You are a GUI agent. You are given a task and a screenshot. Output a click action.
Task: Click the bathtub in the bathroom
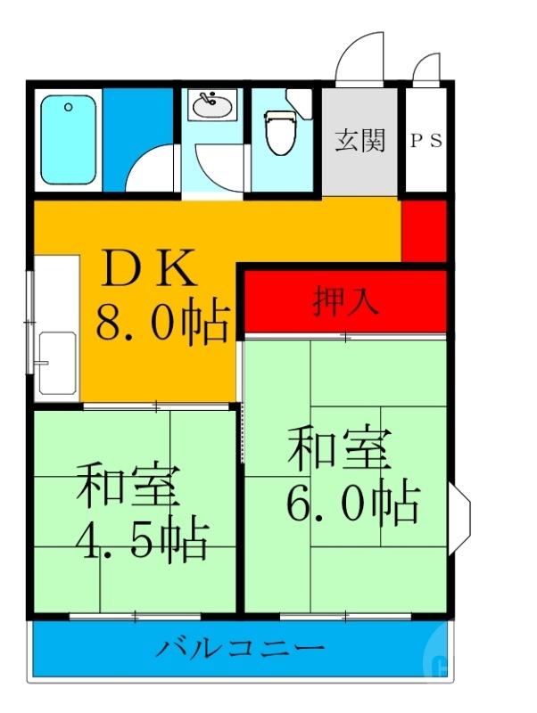point(69,140)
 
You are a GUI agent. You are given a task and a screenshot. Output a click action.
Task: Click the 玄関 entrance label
point(359,141)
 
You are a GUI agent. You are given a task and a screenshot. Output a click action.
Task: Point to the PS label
point(426,141)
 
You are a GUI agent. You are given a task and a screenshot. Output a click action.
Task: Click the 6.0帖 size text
point(352,504)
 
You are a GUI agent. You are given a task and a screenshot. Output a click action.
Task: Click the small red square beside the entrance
point(424,230)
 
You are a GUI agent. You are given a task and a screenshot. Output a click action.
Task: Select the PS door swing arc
point(428,67)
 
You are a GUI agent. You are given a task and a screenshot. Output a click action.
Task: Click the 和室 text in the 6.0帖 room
point(339,450)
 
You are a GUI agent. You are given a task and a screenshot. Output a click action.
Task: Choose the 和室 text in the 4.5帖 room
point(128,486)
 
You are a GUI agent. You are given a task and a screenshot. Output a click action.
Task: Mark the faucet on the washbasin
point(209,99)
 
